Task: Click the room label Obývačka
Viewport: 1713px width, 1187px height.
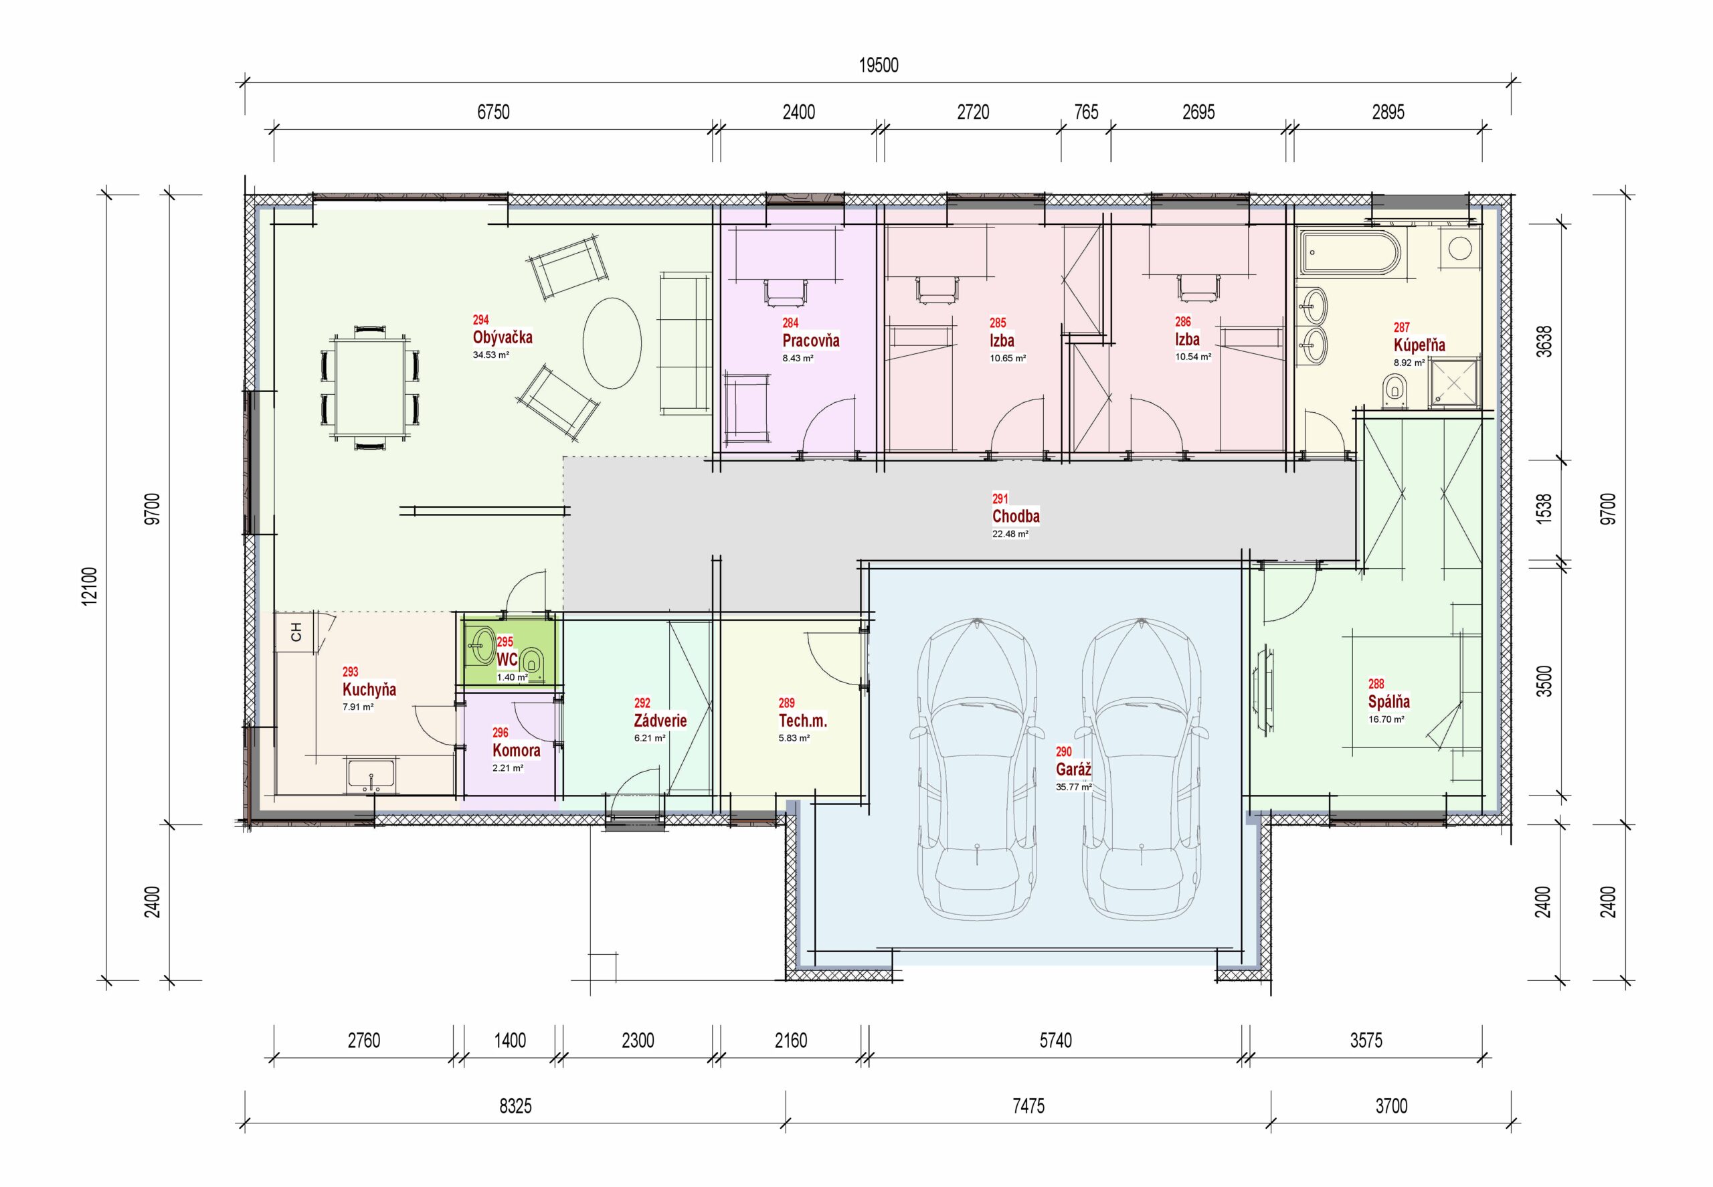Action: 502,337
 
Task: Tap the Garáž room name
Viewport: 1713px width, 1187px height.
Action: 1073,769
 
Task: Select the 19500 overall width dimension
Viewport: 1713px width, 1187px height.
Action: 879,66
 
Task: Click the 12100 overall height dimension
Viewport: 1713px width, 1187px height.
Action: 89,586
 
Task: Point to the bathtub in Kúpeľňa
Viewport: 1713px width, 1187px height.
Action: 1349,252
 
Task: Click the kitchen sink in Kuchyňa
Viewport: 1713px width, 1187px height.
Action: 371,775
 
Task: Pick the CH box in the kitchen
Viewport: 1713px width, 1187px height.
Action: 296,632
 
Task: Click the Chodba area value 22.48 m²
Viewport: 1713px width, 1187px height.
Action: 1010,534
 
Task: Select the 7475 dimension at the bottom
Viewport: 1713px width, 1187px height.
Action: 1028,1106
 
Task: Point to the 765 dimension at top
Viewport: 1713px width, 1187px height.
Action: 1086,112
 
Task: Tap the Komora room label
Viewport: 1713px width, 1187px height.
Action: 516,751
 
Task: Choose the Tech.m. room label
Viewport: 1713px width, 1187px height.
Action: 802,721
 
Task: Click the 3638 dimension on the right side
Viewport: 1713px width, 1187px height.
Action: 1544,341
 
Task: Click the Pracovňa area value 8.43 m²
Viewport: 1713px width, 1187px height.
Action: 798,359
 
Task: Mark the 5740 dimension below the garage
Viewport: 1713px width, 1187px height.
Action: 1055,1040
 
